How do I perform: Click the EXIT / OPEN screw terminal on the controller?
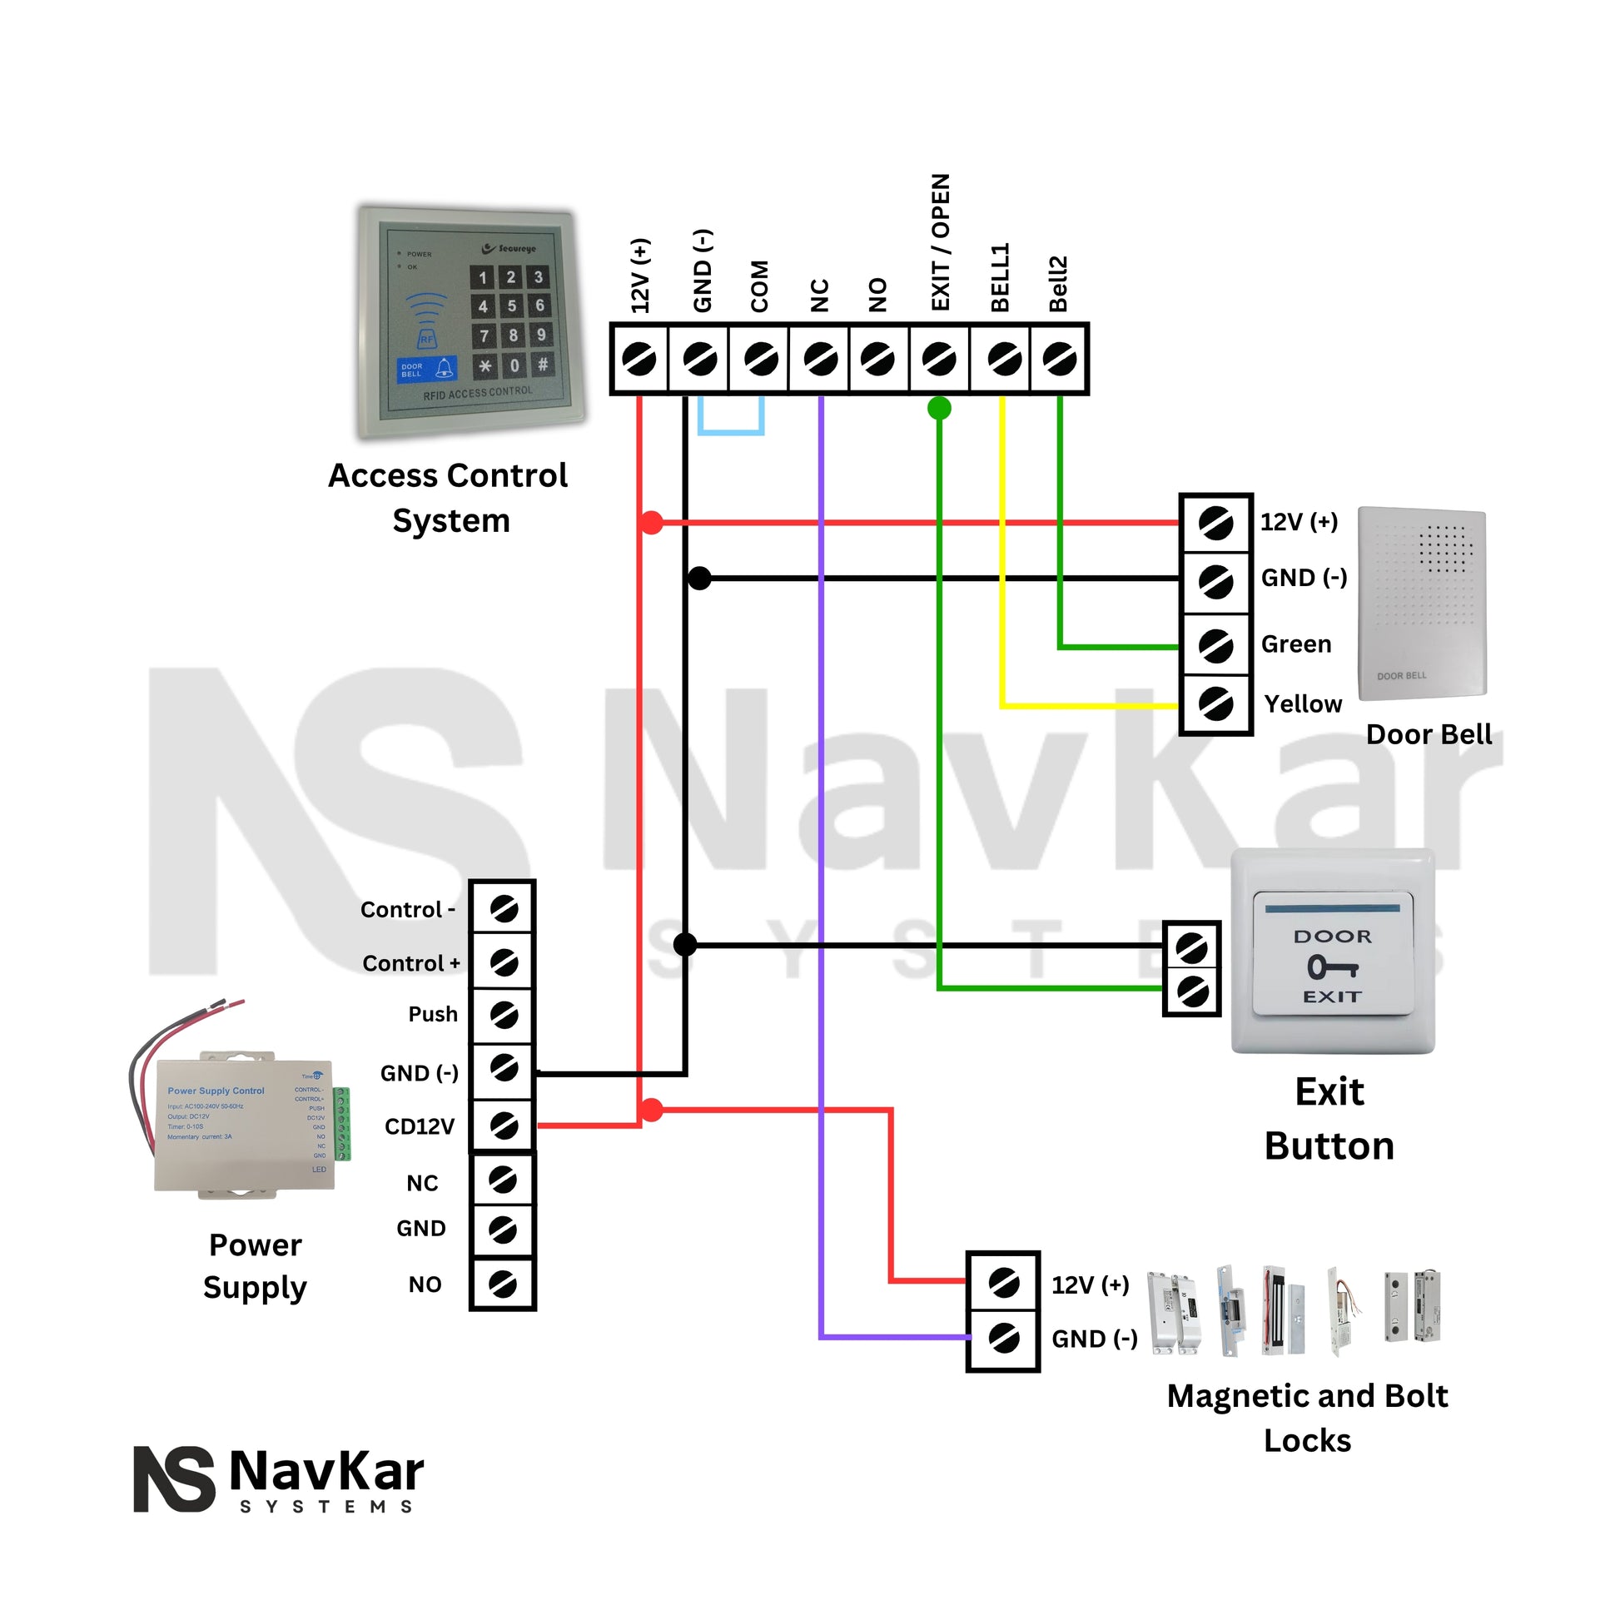(x=938, y=360)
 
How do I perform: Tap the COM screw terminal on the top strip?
(x=760, y=360)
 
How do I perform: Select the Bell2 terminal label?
(x=1058, y=283)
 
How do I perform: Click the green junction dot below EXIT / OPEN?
(x=939, y=409)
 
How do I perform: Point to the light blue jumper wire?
(x=730, y=432)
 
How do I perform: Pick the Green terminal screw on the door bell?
(x=1215, y=645)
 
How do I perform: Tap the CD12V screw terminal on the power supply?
(x=503, y=1126)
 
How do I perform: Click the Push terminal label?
(x=433, y=1014)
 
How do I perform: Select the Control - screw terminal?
(x=503, y=908)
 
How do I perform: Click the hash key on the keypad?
(x=543, y=364)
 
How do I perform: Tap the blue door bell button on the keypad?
(x=426, y=369)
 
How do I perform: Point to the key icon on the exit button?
(x=1332, y=967)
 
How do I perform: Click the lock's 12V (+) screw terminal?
(x=1003, y=1283)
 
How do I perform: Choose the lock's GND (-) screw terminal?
(x=1003, y=1338)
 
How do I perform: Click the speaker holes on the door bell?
(x=1444, y=549)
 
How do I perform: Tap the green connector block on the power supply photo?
(x=341, y=1124)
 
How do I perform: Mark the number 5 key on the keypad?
(x=511, y=306)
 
